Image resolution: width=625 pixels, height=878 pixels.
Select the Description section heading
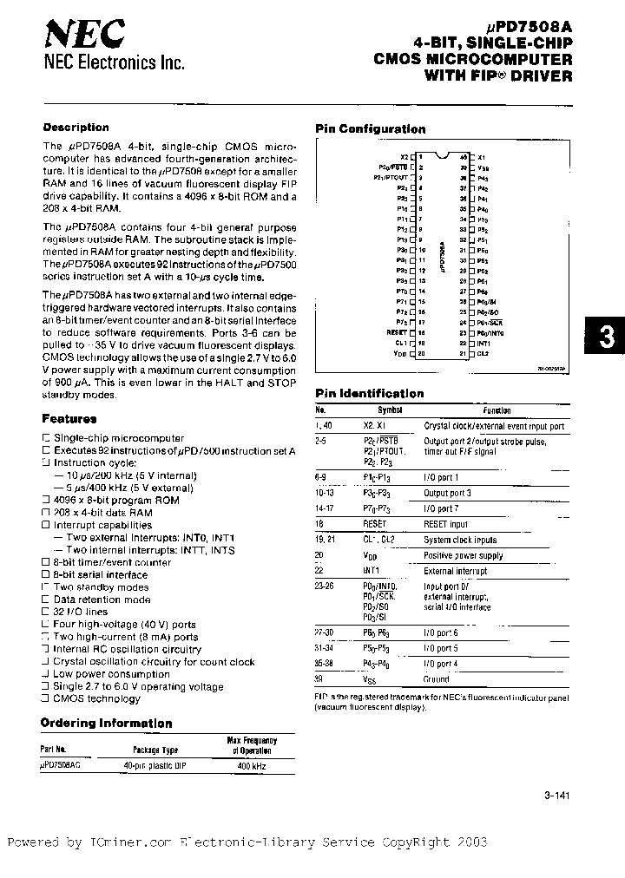point(76,128)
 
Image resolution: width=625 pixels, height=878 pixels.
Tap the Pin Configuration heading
point(370,128)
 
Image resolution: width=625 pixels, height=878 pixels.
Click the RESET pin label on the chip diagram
point(397,331)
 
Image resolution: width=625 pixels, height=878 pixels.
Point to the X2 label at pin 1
point(404,156)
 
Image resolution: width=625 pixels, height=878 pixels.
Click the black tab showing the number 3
point(607,337)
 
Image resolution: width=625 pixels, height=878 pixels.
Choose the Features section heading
point(69,417)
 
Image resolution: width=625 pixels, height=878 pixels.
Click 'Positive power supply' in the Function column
point(463,555)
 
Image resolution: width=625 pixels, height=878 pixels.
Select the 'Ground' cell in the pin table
point(437,680)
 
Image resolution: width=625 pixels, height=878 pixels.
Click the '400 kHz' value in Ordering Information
point(251,766)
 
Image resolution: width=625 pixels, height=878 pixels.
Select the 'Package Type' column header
point(155,750)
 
